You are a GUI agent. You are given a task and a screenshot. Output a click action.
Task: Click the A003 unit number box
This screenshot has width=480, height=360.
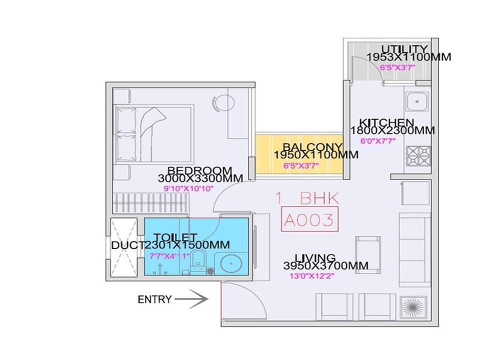click(309, 219)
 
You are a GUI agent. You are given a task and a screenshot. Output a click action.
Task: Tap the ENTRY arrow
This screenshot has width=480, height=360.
click(191, 299)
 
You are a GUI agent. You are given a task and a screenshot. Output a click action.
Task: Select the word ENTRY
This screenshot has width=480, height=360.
click(154, 299)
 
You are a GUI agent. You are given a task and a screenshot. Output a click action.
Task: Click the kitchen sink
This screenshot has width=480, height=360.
click(417, 101)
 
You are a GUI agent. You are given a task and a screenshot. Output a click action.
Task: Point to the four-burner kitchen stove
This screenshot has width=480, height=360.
click(418, 155)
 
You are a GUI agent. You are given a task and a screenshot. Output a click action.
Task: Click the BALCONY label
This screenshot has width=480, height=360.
click(312, 147)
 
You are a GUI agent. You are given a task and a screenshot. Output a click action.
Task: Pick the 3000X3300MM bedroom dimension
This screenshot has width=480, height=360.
click(200, 178)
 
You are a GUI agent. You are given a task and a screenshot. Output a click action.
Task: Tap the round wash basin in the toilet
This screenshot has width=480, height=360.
click(231, 263)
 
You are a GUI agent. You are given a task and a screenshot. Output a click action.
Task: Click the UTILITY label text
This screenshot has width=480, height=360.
click(404, 49)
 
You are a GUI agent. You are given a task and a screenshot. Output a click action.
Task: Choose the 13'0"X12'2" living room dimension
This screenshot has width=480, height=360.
click(311, 276)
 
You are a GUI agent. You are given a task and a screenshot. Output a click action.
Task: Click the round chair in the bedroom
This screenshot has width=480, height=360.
click(224, 102)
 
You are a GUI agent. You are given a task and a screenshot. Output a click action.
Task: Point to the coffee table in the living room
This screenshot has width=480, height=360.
click(368, 254)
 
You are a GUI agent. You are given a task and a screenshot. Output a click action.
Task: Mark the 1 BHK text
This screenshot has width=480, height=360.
click(307, 198)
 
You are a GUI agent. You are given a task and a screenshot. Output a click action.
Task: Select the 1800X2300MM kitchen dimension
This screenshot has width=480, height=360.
click(392, 130)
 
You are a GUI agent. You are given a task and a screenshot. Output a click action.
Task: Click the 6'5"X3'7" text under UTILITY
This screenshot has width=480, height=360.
click(397, 67)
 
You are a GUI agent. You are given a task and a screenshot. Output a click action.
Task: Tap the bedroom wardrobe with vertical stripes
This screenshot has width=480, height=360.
click(150, 203)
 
